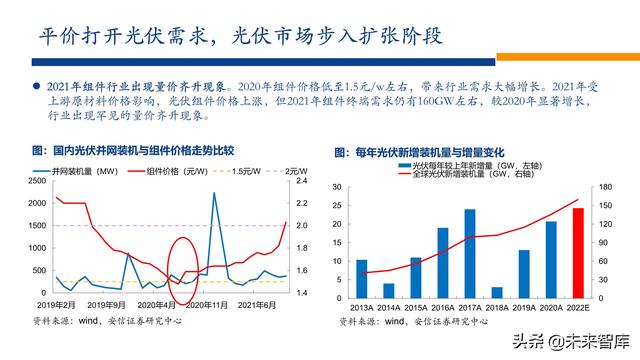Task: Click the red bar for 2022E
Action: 578,251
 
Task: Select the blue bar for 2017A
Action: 470,251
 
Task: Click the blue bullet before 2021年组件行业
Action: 37,85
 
